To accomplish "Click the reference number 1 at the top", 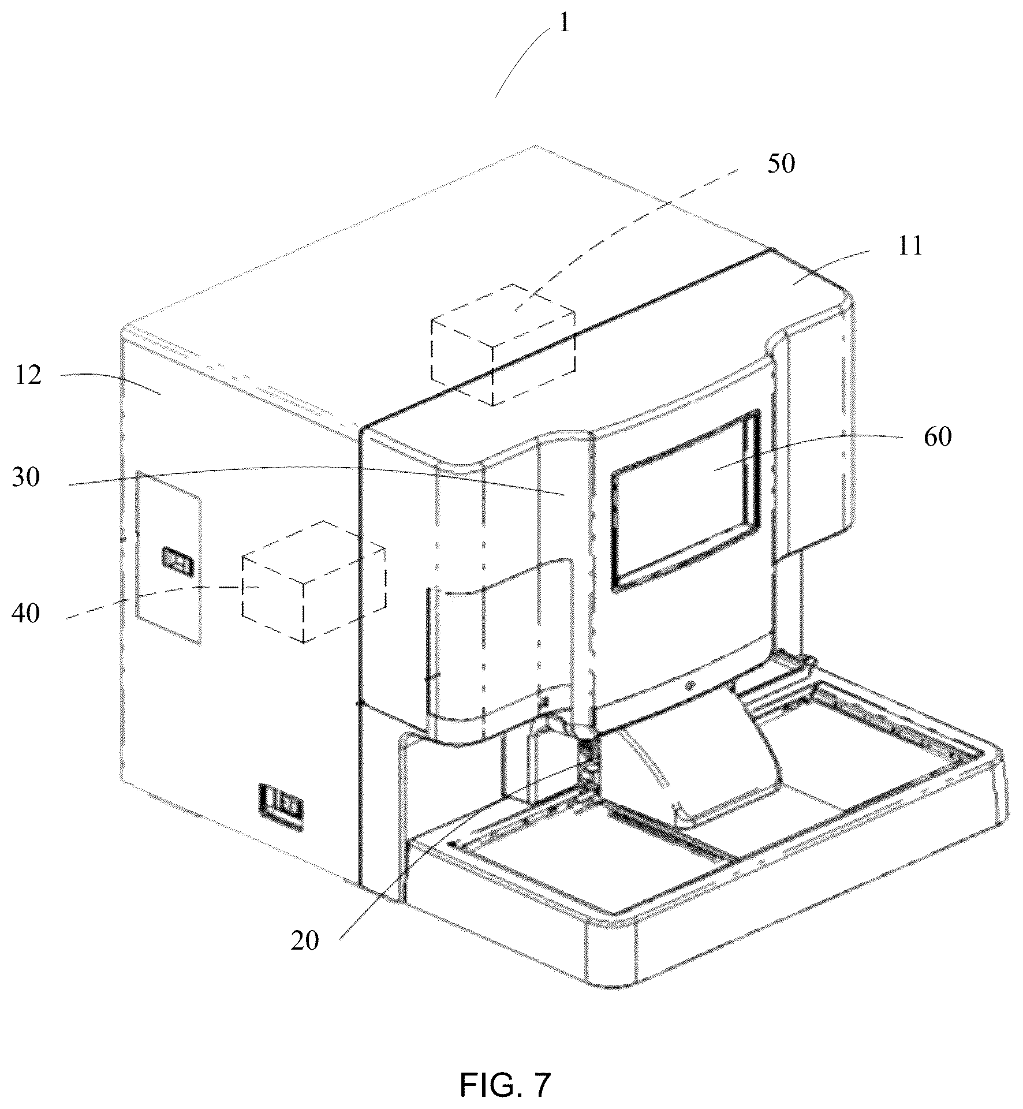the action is pos(564,24).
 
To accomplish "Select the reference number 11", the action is pos(909,246).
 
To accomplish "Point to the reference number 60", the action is pos(936,437).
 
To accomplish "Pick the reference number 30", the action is pos(25,477).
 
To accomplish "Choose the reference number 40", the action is pos(25,613).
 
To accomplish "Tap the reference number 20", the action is pos(304,941).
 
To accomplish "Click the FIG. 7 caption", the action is pos(505,1085).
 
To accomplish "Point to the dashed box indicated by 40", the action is pos(314,581).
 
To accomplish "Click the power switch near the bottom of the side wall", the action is pos(281,807).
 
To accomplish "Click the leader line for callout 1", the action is pos(524,64).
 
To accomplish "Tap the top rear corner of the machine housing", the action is pos(536,145).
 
